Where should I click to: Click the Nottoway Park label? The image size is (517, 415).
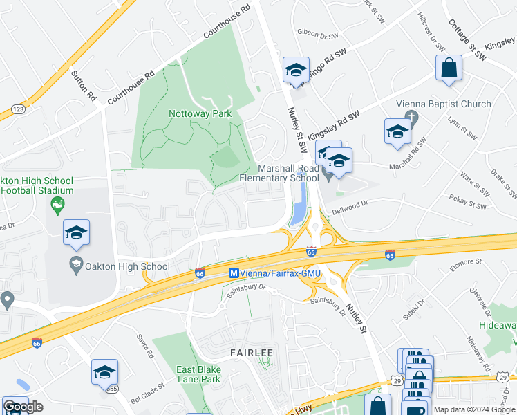coord(200,113)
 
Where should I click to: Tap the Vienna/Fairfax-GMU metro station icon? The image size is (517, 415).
coord(234,273)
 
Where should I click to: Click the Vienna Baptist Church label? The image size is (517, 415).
coord(443,104)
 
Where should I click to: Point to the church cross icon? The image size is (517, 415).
coord(412,116)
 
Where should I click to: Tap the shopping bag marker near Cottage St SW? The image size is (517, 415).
coord(449,68)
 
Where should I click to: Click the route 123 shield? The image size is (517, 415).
coord(19,109)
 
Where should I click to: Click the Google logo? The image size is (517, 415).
coord(23,407)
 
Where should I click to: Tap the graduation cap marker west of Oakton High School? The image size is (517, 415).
coord(76,232)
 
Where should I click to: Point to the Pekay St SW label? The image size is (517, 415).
coord(471,205)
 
